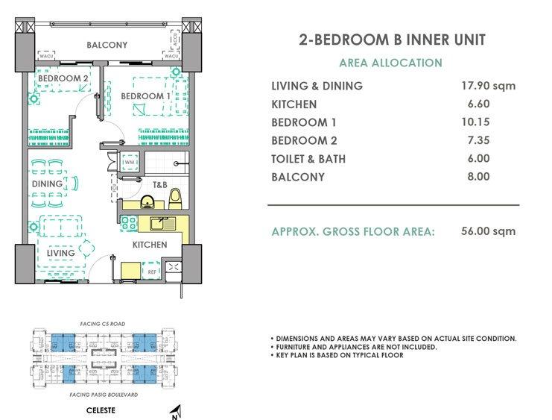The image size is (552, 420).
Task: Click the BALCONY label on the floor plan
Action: pos(107,45)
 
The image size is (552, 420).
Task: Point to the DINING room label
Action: pos(46,184)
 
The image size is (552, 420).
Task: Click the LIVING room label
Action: pos(60,253)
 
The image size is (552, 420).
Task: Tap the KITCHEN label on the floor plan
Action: pos(150,245)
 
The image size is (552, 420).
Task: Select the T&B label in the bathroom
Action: pos(159,184)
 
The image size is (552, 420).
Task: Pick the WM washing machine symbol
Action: pos(128,162)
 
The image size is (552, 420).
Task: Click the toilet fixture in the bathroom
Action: pos(175,198)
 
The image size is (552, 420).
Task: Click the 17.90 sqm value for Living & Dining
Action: pos(489,86)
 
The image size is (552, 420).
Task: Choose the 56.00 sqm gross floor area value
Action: pos(489,231)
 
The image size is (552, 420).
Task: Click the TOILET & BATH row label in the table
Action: pos(308,159)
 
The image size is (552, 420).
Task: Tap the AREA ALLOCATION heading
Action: pos(390,63)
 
